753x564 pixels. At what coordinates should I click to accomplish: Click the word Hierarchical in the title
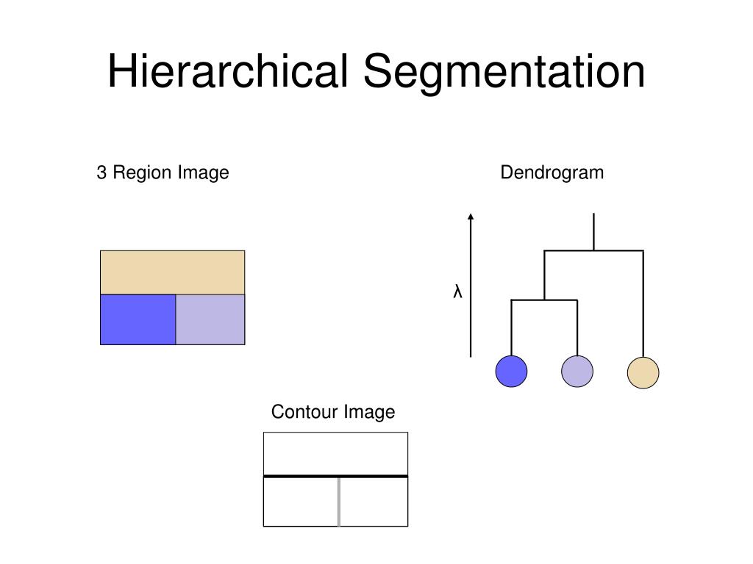[x=228, y=72]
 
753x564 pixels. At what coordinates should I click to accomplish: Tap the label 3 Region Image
[x=163, y=173]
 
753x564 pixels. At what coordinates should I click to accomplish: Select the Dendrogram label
[x=552, y=173]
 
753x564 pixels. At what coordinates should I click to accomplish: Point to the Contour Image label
[x=333, y=412]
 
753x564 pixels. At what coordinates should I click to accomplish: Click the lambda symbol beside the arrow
[x=457, y=292]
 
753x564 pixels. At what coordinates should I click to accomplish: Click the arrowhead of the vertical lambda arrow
[x=471, y=217]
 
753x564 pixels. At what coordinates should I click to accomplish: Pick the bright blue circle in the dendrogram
[x=512, y=371]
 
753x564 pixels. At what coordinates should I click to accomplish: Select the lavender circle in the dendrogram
[x=577, y=371]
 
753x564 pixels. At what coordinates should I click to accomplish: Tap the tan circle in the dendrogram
[x=643, y=372]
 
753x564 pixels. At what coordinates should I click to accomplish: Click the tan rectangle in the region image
[x=172, y=272]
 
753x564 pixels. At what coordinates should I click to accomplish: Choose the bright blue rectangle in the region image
[x=138, y=319]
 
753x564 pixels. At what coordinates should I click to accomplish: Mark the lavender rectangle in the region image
[x=210, y=319]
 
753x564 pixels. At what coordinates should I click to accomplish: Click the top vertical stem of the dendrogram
[x=593, y=231]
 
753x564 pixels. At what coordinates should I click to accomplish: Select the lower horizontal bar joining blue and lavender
[x=544, y=300]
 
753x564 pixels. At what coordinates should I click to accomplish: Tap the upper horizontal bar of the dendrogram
[x=594, y=250]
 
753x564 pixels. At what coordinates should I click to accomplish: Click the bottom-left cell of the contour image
[x=300, y=502]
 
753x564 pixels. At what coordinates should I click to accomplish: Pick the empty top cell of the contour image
[x=335, y=453]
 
